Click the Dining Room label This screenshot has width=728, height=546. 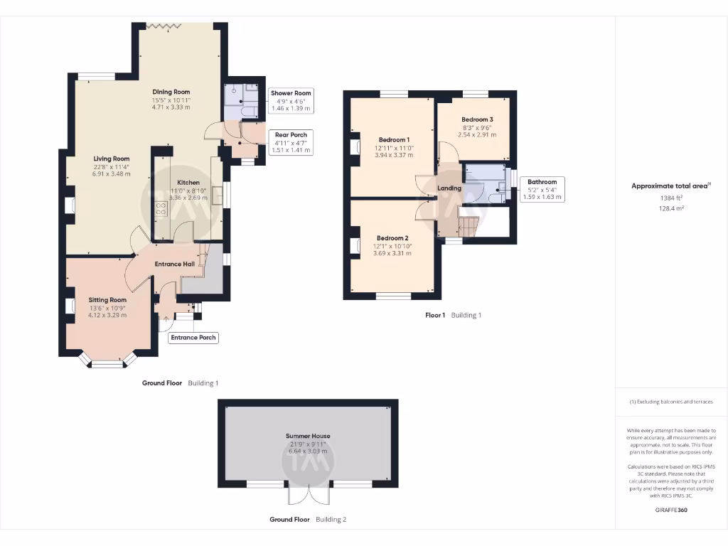point(171,92)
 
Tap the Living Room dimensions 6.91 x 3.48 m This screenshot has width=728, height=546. point(112,174)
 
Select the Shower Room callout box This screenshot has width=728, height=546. point(291,100)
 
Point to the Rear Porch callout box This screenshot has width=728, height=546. point(291,142)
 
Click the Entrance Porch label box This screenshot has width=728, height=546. point(193,338)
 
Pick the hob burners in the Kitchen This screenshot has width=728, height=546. point(161,208)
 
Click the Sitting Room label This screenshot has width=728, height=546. point(107,300)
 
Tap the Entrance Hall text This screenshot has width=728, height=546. point(175,264)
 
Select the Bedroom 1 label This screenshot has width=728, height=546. point(394,140)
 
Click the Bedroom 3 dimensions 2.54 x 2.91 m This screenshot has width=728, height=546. point(477,135)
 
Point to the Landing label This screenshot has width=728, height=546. point(449,188)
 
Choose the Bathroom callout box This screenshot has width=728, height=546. point(542,189)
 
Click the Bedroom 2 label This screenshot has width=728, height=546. point(392,238)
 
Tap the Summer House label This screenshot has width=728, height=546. point(308,436)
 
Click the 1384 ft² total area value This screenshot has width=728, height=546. point(671,198)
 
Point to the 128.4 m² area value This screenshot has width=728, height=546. point(671,208)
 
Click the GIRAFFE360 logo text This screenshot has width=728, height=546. point(671,510)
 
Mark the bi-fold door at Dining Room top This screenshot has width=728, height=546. point(163,26)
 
